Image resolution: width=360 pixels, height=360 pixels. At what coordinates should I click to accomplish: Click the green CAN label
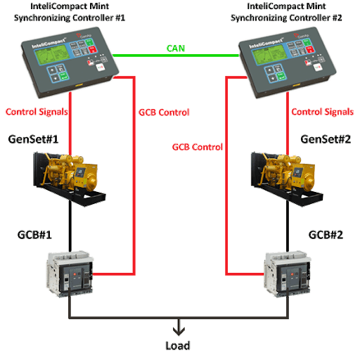pos(176,49)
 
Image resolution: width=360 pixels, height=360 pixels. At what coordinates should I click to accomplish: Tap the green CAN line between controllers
pos(176,56)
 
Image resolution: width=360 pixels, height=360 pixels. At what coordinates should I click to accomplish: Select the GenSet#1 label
pos(33,139)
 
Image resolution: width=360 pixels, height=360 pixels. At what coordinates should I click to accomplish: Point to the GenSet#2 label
pos(326,139)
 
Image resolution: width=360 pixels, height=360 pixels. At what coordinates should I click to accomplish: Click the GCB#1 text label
pos(34,235)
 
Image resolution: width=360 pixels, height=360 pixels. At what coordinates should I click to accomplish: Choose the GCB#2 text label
pos(326,235)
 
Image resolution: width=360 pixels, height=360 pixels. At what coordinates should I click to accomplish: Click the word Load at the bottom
pos(178,346)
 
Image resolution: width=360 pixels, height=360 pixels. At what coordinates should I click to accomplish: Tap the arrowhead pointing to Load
pos(179,330)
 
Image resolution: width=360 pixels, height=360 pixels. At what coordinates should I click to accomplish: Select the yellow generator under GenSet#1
pos(69,179)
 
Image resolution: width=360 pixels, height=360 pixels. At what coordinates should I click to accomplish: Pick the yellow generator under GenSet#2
pos(287,179)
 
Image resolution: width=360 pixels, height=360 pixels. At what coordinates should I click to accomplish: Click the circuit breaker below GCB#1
pos(70,274)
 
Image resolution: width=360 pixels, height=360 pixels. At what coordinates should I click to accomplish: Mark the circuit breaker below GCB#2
pos(288,274)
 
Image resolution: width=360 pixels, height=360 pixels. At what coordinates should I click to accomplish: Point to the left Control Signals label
pos(37,112)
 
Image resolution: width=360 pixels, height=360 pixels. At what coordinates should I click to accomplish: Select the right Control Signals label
pos(323,112)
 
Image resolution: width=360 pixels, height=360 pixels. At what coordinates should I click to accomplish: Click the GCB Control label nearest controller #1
pos(164,112)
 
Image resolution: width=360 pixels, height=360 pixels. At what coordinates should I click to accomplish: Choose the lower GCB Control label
pos(198,147)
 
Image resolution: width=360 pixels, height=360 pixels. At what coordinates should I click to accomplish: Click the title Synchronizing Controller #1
pos(70,18)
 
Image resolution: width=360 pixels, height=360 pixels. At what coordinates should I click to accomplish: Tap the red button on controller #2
pos(310,49)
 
